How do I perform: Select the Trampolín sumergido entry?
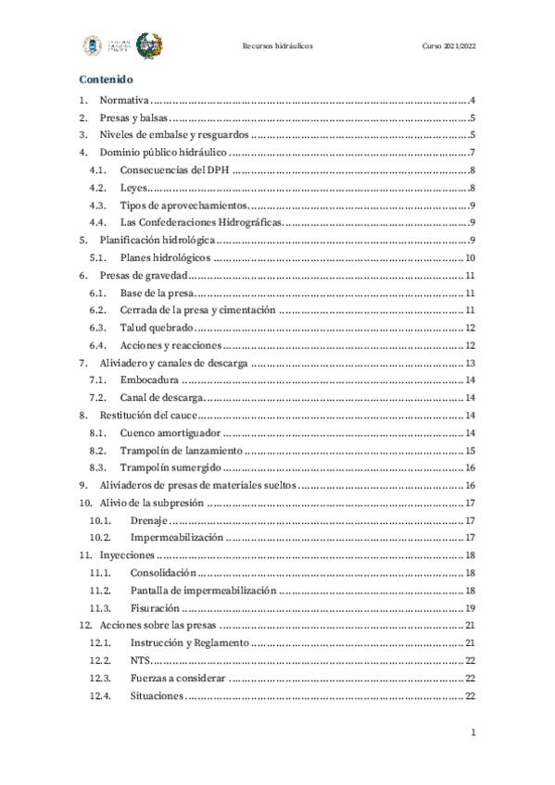[170, 467]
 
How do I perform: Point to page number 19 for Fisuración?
[471, 607]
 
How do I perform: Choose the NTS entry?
[140, 660]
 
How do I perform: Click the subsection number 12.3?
[100, 678]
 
